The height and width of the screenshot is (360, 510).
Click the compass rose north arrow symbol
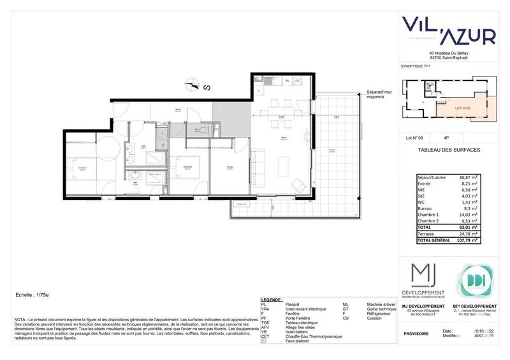point(189,81)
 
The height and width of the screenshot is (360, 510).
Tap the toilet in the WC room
point(203,129)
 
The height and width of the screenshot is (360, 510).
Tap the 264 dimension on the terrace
point(335,117)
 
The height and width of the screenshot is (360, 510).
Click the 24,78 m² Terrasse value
point(466,234)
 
